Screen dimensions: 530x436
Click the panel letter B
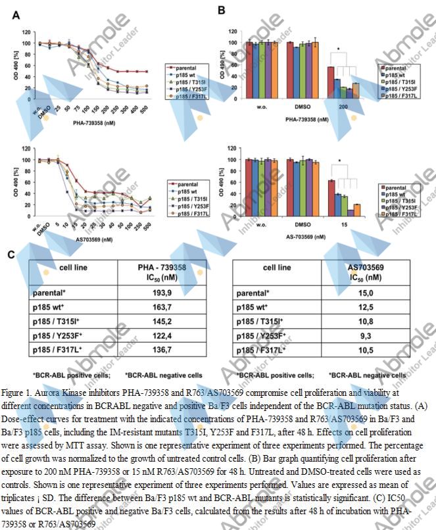click(x=222, y=11)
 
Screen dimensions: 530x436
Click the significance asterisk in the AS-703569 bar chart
click(x=339, y=160)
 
